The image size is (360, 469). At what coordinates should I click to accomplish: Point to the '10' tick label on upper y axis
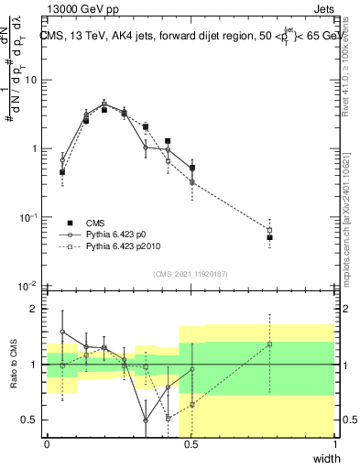click(x=30, y=80)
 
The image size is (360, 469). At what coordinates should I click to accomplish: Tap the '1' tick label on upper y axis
click(x=34, y=148)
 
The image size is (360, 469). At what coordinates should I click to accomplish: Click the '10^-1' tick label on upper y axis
click(x=29, y=217)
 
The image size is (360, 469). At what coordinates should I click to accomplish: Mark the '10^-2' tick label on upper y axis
click(x=29, y=286)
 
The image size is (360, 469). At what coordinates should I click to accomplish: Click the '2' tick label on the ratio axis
click(x=34, y=309)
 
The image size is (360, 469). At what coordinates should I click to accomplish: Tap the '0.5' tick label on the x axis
click(x=191, y=444)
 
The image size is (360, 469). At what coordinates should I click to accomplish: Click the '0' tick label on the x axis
click(x=47, y=444)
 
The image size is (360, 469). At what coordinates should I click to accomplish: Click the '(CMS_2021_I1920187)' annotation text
click(x=191, y=273)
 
